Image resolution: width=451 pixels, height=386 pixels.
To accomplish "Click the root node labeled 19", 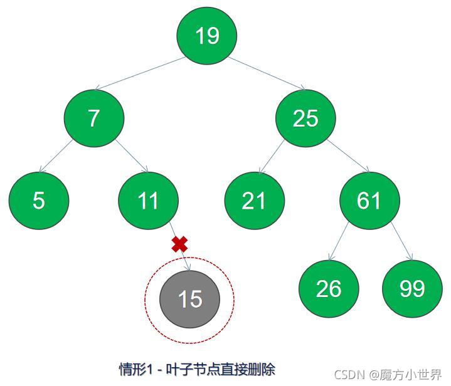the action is (206, 36).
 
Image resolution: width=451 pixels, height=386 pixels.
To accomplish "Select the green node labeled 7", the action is (93, 118).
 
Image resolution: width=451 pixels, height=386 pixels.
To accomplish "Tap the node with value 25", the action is (305, 118).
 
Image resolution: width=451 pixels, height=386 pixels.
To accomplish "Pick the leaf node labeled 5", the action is (39, 201).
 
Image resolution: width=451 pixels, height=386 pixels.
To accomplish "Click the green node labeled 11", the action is (148, 201).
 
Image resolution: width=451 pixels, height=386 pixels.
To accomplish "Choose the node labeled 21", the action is (255, 201).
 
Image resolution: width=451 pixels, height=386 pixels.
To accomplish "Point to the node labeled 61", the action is (369, 201).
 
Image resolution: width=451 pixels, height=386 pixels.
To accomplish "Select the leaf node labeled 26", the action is (329, 288).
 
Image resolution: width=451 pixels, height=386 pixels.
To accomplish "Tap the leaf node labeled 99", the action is (412, 288).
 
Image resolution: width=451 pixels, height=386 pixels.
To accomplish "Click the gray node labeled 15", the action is (189, 299).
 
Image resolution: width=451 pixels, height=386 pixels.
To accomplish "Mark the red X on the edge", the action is (179, 244).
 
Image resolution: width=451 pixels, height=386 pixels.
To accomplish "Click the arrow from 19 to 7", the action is (139, 73).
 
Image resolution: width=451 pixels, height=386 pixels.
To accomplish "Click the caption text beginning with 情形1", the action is (197, 368).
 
